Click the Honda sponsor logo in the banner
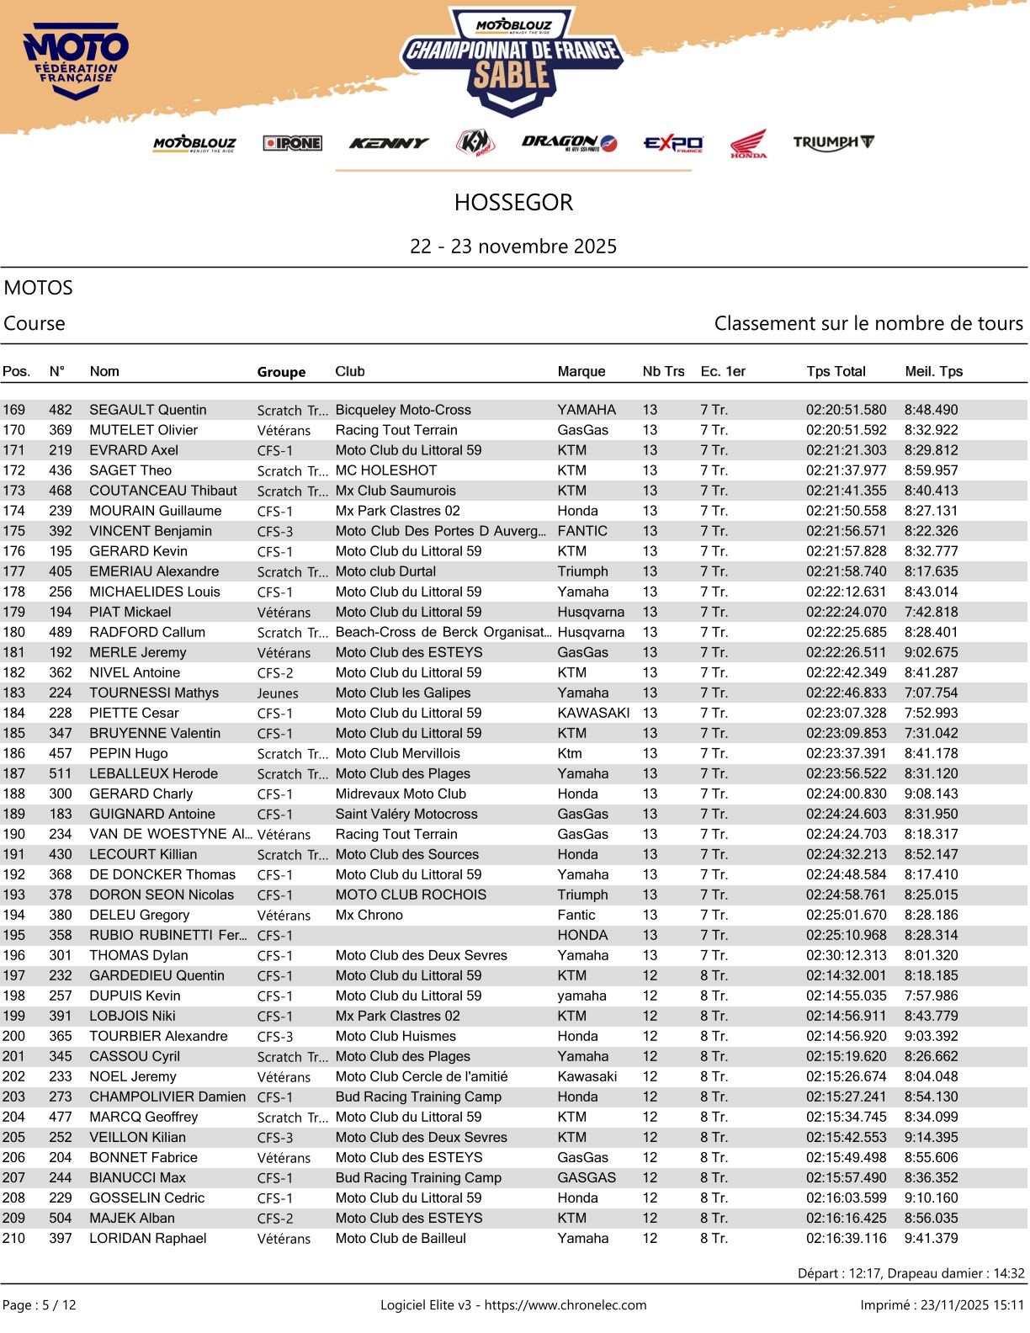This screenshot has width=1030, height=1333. click(748, 144)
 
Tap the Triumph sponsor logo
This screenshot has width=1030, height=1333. click(833, 142)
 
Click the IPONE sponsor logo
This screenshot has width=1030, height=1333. click(292, 143)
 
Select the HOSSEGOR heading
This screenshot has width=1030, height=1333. click(513, 203)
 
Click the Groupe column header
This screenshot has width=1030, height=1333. click(281, 372)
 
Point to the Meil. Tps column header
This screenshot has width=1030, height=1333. click(933, 371)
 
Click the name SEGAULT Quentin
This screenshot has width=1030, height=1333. click(148, 410)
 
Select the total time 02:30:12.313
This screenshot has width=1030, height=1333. click(846, 955)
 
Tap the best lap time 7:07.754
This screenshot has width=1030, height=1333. click(931, 693)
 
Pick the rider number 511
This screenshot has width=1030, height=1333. click(61, 773)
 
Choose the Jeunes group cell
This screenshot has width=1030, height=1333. click(278, 693)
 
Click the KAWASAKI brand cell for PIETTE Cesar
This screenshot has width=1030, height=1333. click(593, 713)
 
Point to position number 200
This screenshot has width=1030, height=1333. click(14, 1036)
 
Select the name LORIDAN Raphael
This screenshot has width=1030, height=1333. click(148, 1238)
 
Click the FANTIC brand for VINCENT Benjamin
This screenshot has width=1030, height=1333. click(582, 531)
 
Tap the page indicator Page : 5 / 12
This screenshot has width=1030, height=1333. click(40, 1305)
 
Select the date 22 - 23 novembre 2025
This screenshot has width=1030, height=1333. click(513, 247)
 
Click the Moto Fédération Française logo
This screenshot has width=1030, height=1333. click(76, 61)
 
